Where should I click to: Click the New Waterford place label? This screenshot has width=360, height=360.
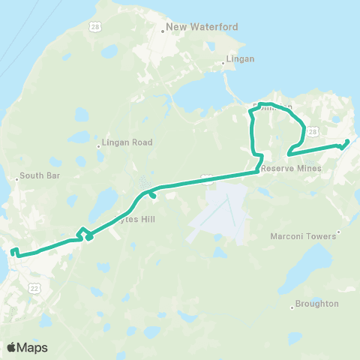202,27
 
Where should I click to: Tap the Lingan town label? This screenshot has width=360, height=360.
240,58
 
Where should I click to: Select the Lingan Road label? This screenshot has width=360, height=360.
128,142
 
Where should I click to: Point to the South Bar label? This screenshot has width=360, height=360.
40,175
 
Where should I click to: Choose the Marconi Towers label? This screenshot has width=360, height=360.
303,236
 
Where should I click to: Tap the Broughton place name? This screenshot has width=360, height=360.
317,304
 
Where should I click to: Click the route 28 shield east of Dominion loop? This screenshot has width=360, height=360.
313,130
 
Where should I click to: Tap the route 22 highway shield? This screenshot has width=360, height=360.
34,286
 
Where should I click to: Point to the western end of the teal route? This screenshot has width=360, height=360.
13,249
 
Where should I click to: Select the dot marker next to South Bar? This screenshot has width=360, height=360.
17,179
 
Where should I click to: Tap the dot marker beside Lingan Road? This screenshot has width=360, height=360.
98,146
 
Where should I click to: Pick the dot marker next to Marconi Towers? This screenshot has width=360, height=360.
339,232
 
